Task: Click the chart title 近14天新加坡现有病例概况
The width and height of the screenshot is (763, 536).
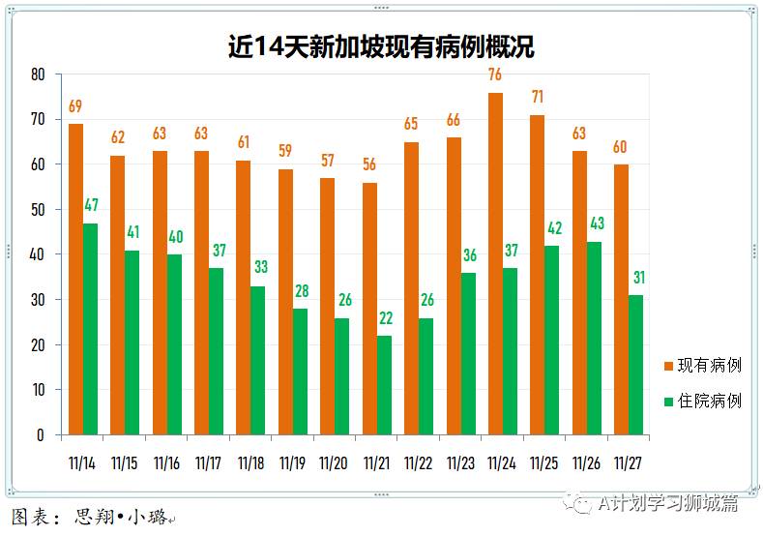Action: tap(381, 45)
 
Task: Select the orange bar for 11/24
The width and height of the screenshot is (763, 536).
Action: tap(495, 263)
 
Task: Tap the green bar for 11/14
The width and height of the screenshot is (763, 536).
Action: tap(90, 329)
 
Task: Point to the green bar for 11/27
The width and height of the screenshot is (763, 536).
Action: tap(635, 365)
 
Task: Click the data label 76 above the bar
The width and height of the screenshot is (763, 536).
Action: tap(495, 75)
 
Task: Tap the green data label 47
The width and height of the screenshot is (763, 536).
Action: tap(90, 205)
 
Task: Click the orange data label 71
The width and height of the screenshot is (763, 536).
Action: tap(538, 98)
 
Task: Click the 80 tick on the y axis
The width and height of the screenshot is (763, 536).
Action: tap(39, 74)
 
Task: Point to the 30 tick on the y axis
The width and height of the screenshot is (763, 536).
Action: tap(39, 300)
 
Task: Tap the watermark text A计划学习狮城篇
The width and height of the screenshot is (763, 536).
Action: tap(667, 503)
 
